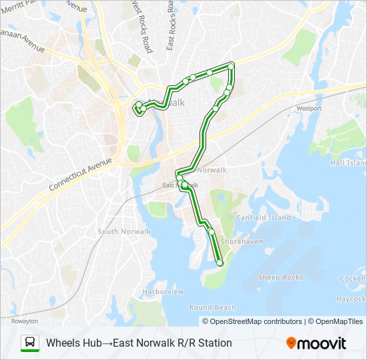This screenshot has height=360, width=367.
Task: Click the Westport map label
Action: (309, 108)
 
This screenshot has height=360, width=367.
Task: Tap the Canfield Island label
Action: (264, 217)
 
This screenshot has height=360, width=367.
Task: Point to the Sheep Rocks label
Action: (280, 277)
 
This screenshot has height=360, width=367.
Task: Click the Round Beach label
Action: (213, 307)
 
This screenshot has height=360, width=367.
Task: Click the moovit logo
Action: (316, 343)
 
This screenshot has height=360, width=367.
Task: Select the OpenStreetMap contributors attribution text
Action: (256, 321)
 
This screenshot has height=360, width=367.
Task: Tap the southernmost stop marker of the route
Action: (220, 263)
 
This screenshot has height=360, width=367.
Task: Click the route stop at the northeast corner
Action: (232, 65)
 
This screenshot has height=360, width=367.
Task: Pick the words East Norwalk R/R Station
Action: (173, 343)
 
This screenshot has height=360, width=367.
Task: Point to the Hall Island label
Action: (348, 163)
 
